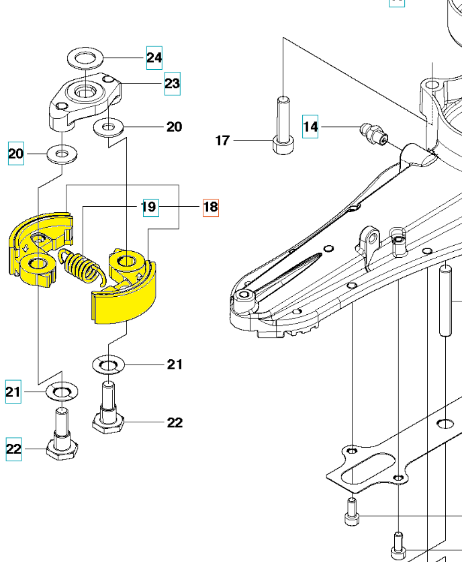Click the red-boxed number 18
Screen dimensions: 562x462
click(210, 207)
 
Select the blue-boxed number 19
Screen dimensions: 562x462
click(149, 207)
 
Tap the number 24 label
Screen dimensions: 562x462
click(154, 58)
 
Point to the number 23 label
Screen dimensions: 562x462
click(172, 83)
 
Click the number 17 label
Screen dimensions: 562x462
click(222, 140)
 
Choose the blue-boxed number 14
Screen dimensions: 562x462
click(310, 126)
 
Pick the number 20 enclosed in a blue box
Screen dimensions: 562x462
click(15, 155)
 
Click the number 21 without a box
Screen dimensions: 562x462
click(175, 365)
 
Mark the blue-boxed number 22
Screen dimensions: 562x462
click(14, 449)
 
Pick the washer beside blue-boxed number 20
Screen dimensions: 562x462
click(62, 155)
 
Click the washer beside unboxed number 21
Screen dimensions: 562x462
click(107, 365)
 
